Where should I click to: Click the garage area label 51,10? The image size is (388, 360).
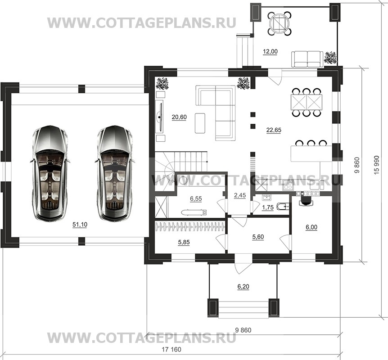80,225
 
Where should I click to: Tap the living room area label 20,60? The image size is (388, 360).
179,117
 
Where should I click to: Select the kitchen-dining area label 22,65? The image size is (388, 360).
274,130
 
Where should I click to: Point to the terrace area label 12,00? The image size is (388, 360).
270,51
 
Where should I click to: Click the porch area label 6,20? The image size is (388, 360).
243,287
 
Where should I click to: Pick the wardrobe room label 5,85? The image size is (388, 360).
184,242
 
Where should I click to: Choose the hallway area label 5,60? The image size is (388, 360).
258,237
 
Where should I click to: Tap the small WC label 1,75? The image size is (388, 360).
268,207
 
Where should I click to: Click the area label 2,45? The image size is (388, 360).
240,195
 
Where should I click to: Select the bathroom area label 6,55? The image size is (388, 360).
196,198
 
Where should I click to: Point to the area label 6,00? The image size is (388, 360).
311,227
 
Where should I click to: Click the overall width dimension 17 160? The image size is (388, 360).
171,349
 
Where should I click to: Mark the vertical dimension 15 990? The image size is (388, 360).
377,165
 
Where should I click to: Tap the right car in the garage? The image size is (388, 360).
115,173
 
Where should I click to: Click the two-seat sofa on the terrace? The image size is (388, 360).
307,59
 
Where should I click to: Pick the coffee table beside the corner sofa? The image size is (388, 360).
200,123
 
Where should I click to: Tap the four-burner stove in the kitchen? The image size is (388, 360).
288,185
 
